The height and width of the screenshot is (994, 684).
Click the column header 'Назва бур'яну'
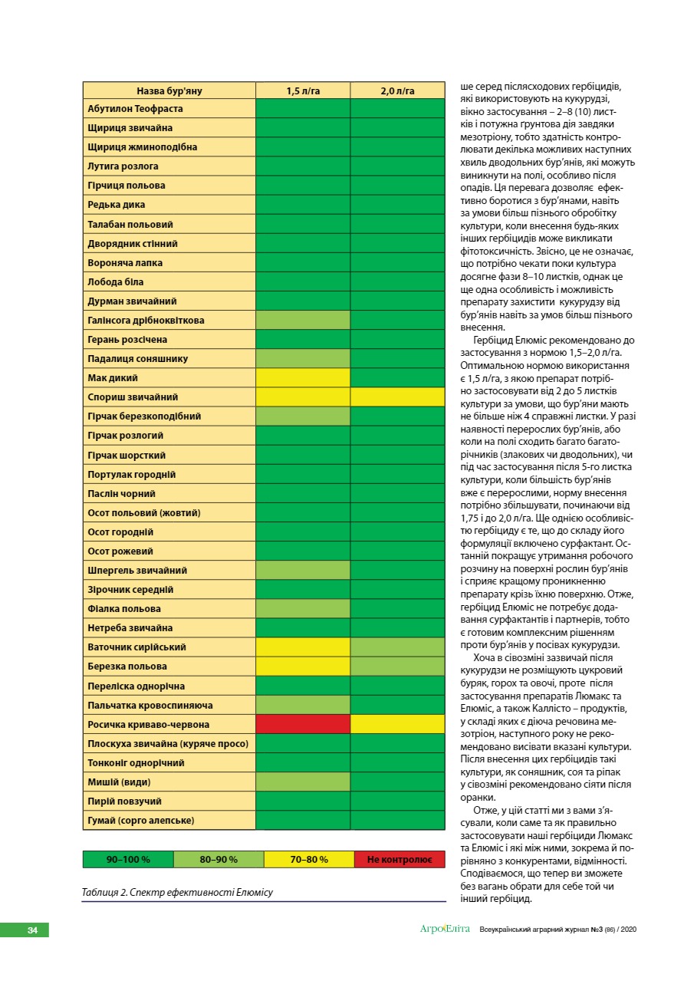tap(169, 91)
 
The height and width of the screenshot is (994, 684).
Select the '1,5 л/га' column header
tap(303, 91)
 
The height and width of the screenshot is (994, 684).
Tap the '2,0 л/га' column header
tap(397, 91)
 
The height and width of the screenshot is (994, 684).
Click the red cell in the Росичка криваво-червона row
tap(303, 725)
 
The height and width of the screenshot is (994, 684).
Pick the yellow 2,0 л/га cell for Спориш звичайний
tap(397, 397)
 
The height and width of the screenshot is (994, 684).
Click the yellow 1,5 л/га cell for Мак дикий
tap(303, 378)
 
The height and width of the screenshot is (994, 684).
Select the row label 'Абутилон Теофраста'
tap(136, 109)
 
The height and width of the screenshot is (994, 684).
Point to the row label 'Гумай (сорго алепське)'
tap(142, 821)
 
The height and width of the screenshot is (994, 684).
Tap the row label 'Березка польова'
tap(127, 667)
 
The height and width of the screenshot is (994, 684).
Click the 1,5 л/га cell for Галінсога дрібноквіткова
tap(303, 321)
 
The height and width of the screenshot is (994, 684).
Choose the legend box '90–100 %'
tap(128, 860)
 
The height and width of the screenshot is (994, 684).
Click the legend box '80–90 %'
tap(219, 860)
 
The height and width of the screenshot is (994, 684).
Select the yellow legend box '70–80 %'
tap(309, 860)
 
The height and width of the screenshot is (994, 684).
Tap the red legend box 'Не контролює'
tap(400, 860)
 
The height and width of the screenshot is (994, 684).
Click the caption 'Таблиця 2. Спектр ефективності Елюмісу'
tap(177, 892)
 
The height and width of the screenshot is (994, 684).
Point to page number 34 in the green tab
tap(32, 930)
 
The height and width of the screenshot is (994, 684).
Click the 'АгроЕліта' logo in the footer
tap(445, 930)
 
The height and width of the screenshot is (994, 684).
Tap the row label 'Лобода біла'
tap(116, 282)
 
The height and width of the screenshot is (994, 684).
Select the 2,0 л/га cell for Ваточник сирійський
tap(397, 647)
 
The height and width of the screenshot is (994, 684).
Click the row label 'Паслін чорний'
tap(122, 494)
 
